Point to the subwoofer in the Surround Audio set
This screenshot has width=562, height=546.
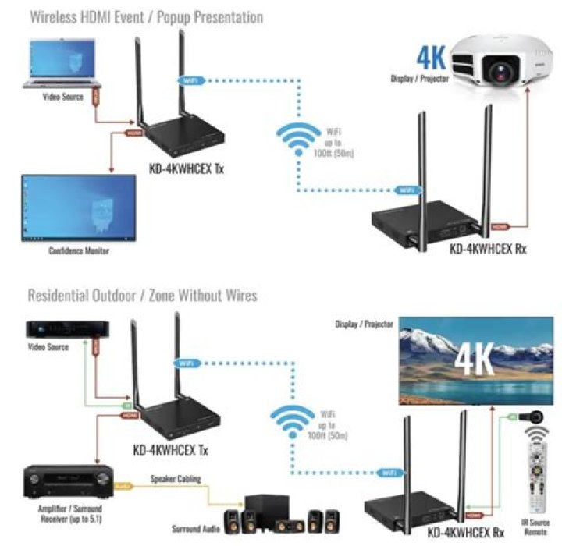coord(259,511)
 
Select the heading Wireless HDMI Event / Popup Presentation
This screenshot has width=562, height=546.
coord(145,16)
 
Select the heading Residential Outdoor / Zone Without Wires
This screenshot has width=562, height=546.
coord(142,296)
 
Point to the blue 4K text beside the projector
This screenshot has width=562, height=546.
coord(431,58)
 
